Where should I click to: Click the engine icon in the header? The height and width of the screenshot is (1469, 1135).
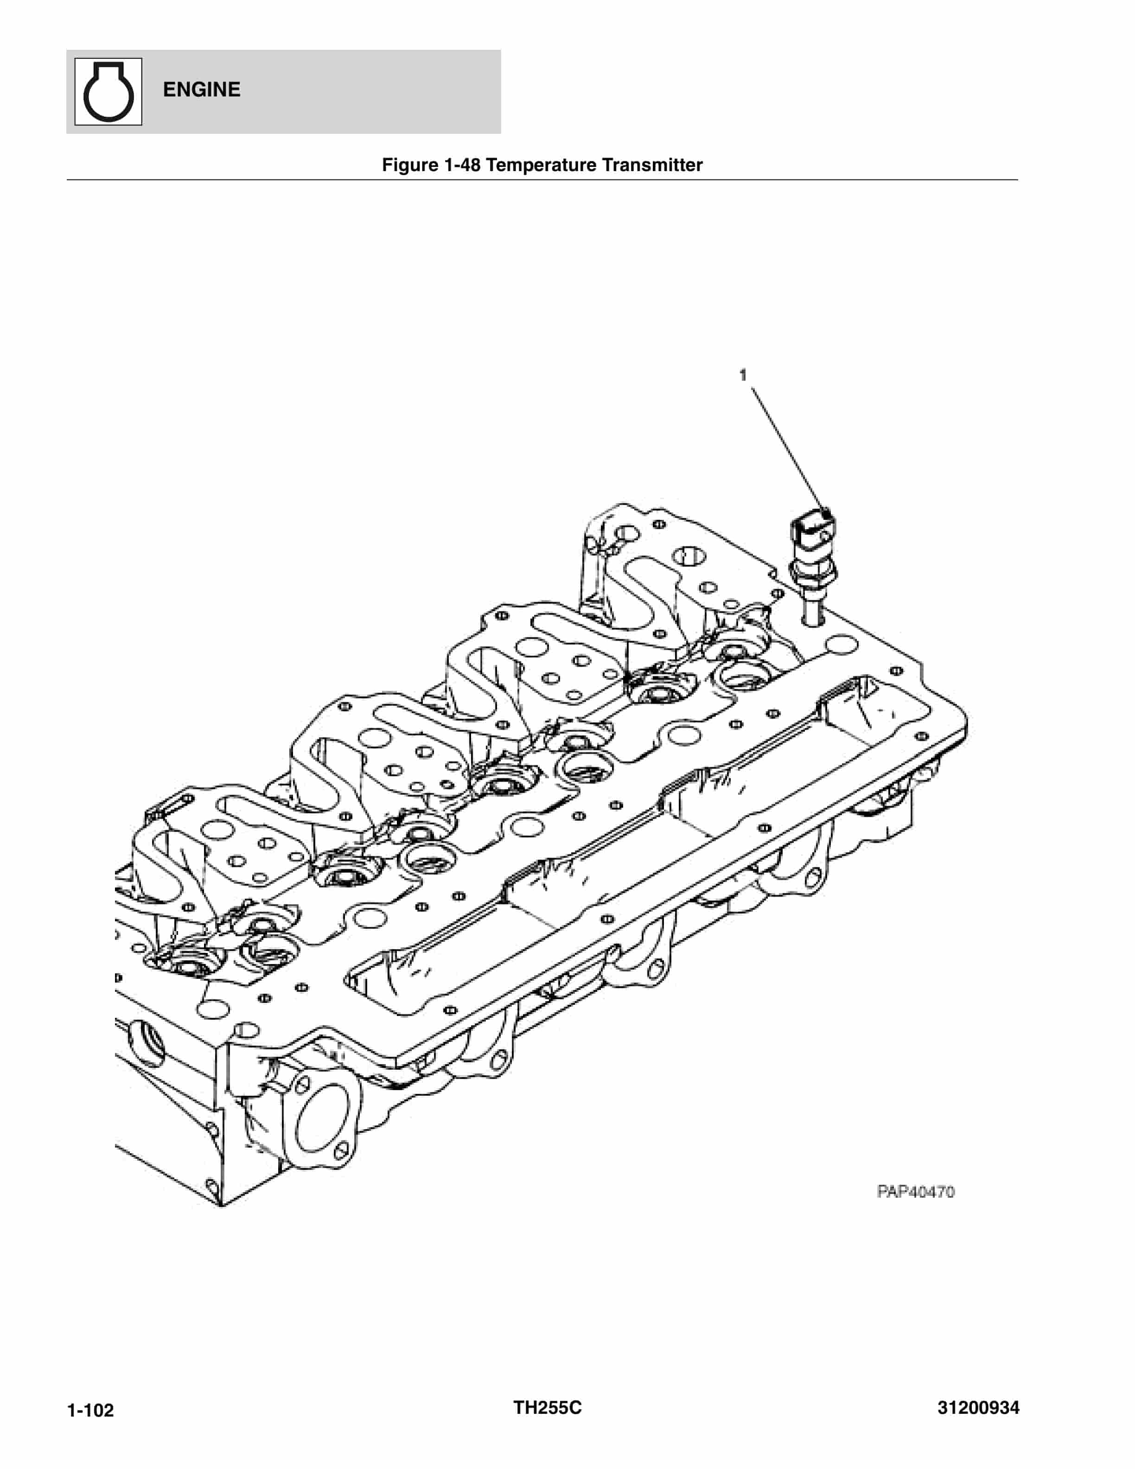coord(108,91)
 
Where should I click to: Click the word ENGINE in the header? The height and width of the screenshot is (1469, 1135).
coord(201,89)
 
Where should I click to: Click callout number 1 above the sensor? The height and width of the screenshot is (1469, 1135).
coord(743,375)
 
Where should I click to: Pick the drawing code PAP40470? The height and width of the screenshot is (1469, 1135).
coord(915,1192)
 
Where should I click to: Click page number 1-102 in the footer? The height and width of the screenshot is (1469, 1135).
coord(91,1410)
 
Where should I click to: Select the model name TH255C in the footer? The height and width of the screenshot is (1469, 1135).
coord(547,1407)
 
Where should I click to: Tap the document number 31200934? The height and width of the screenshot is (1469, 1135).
coord(978,1407)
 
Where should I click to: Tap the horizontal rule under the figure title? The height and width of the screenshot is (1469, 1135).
coord(542,179)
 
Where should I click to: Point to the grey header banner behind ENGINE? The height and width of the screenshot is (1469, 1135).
coord(370,91)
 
